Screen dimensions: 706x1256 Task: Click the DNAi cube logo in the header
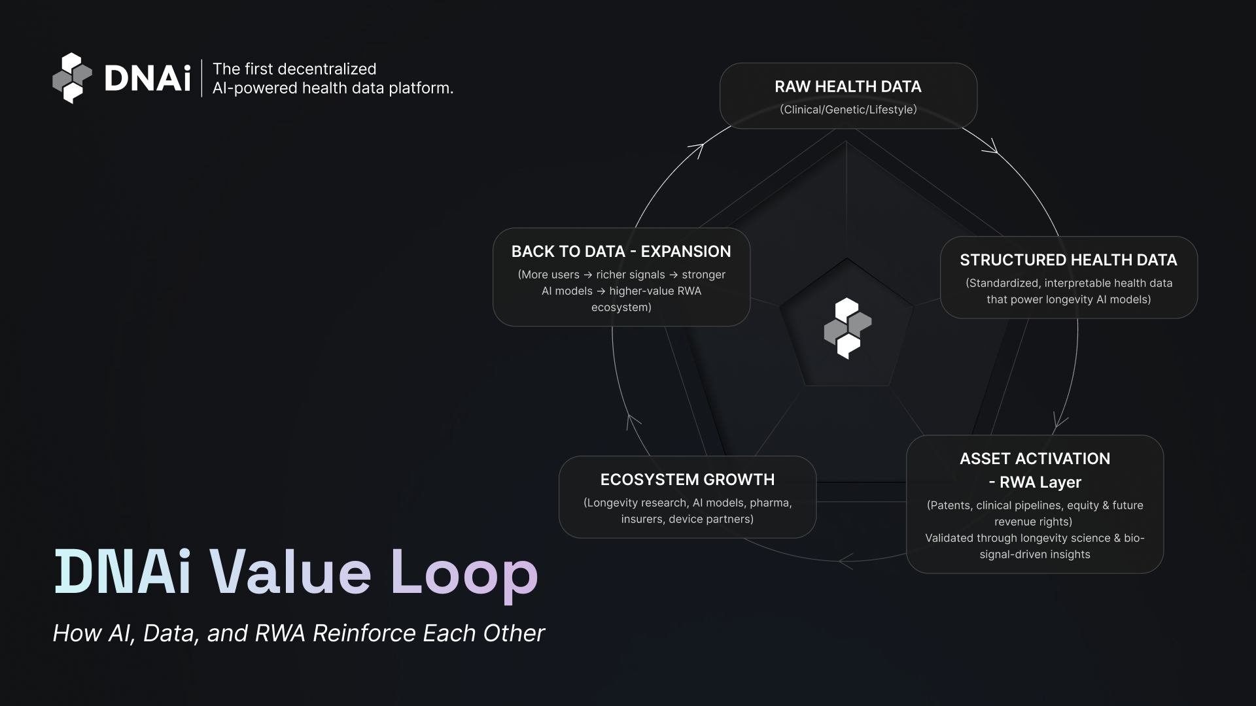click(x=72, y=78)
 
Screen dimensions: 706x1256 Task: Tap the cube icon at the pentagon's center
click(x=847, y=328)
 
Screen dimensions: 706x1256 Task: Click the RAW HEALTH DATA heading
click(x=848, y=86)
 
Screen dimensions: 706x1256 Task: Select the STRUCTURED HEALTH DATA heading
click(x=1068, y=260)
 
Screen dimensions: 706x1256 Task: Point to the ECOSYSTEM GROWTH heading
click(x=687, y=479)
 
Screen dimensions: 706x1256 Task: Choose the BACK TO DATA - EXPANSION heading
click(x=621, y=251)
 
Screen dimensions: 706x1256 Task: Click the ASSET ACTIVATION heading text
click(x=1034, y=458)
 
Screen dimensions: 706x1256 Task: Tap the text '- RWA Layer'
click(x=1034, y=482)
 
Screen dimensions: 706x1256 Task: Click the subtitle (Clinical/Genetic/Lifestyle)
click(x=848, y=109)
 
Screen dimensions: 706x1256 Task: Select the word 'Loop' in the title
click(x=464, y=573)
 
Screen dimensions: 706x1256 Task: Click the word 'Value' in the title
click(x=290, y=573)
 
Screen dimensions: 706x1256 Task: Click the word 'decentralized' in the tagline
click(x=327, y=69)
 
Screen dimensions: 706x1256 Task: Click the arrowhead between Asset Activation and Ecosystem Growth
click(x=845, y=561)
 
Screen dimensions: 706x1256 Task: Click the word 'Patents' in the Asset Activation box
click(x=950, y=505)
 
